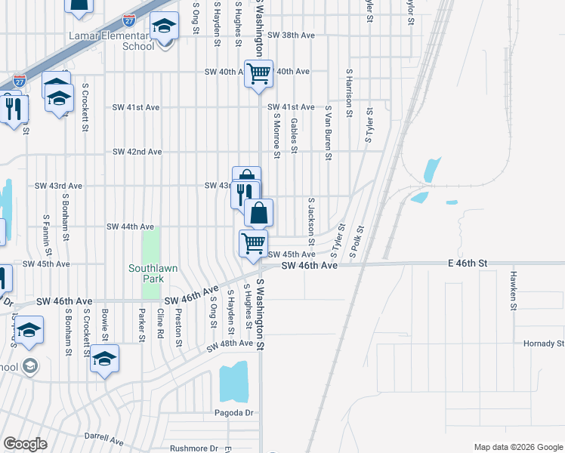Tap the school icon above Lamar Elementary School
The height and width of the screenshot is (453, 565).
[x=163, y=27]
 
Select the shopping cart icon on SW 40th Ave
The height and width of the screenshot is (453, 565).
[x=258, y=73]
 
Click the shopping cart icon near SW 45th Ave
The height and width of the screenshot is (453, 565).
[x=253, y=242]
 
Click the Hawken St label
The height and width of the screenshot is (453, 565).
[x=512, y=291]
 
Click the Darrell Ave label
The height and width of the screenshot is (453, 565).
[x=103, y=438]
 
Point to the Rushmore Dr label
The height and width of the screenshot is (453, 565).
[x=193, y=448]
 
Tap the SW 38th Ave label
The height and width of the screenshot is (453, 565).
[x=291, y=35]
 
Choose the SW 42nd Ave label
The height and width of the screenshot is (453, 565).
[x=137, y=152]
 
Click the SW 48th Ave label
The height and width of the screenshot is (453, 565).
[x=230, y=344]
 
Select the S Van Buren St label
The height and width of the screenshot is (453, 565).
[x=329, y=133]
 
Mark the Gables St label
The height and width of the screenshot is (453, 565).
[x=294, y=134]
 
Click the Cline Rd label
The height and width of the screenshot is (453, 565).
[x=160, y=324]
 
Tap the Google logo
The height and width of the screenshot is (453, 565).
[x=25, y=445]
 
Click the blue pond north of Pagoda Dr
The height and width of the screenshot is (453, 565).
[x=233, y=381]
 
